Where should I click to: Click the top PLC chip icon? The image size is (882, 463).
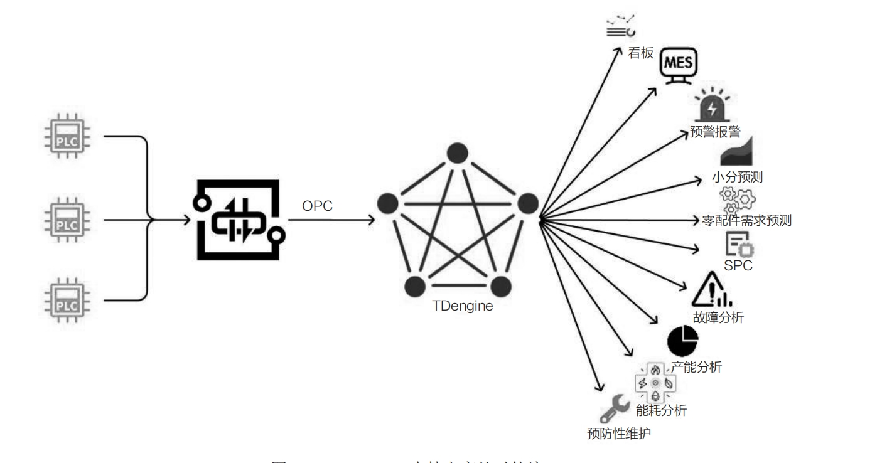pyautogui.click(x=67, y=136)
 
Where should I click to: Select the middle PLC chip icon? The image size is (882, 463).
pyautogui.click(x=67, y=220)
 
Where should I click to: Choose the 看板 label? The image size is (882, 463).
pyautogui.click(x=641, y=54)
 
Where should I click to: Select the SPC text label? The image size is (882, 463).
pyautogui.click(x=738, y=265)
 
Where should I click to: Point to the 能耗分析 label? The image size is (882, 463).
pyautogui.click(x=661, y=411)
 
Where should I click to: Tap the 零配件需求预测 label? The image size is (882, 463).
pyautogui.click(x=745, y=220)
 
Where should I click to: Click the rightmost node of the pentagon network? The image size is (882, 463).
pyautogui.click(x=527, y=204)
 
